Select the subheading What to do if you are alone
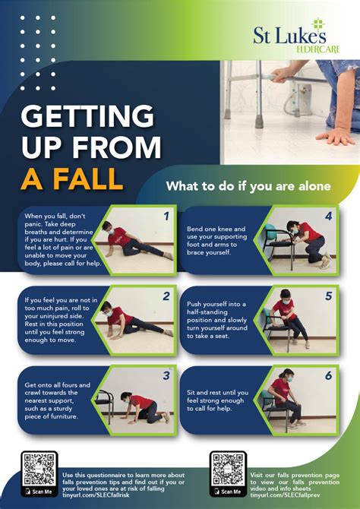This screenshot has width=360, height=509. tap(248, 186)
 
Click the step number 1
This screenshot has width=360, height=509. tap(165, 215)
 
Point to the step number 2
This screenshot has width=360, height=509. tap(165, 296)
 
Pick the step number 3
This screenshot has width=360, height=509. tap(165, 375)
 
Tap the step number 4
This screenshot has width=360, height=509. tap(327, 215)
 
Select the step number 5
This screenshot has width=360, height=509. tap(327, 296)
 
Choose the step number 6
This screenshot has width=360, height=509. tap(327, 375)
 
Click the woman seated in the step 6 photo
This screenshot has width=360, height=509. tap(289, 397)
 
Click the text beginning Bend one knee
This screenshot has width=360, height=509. tap(216, 240)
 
